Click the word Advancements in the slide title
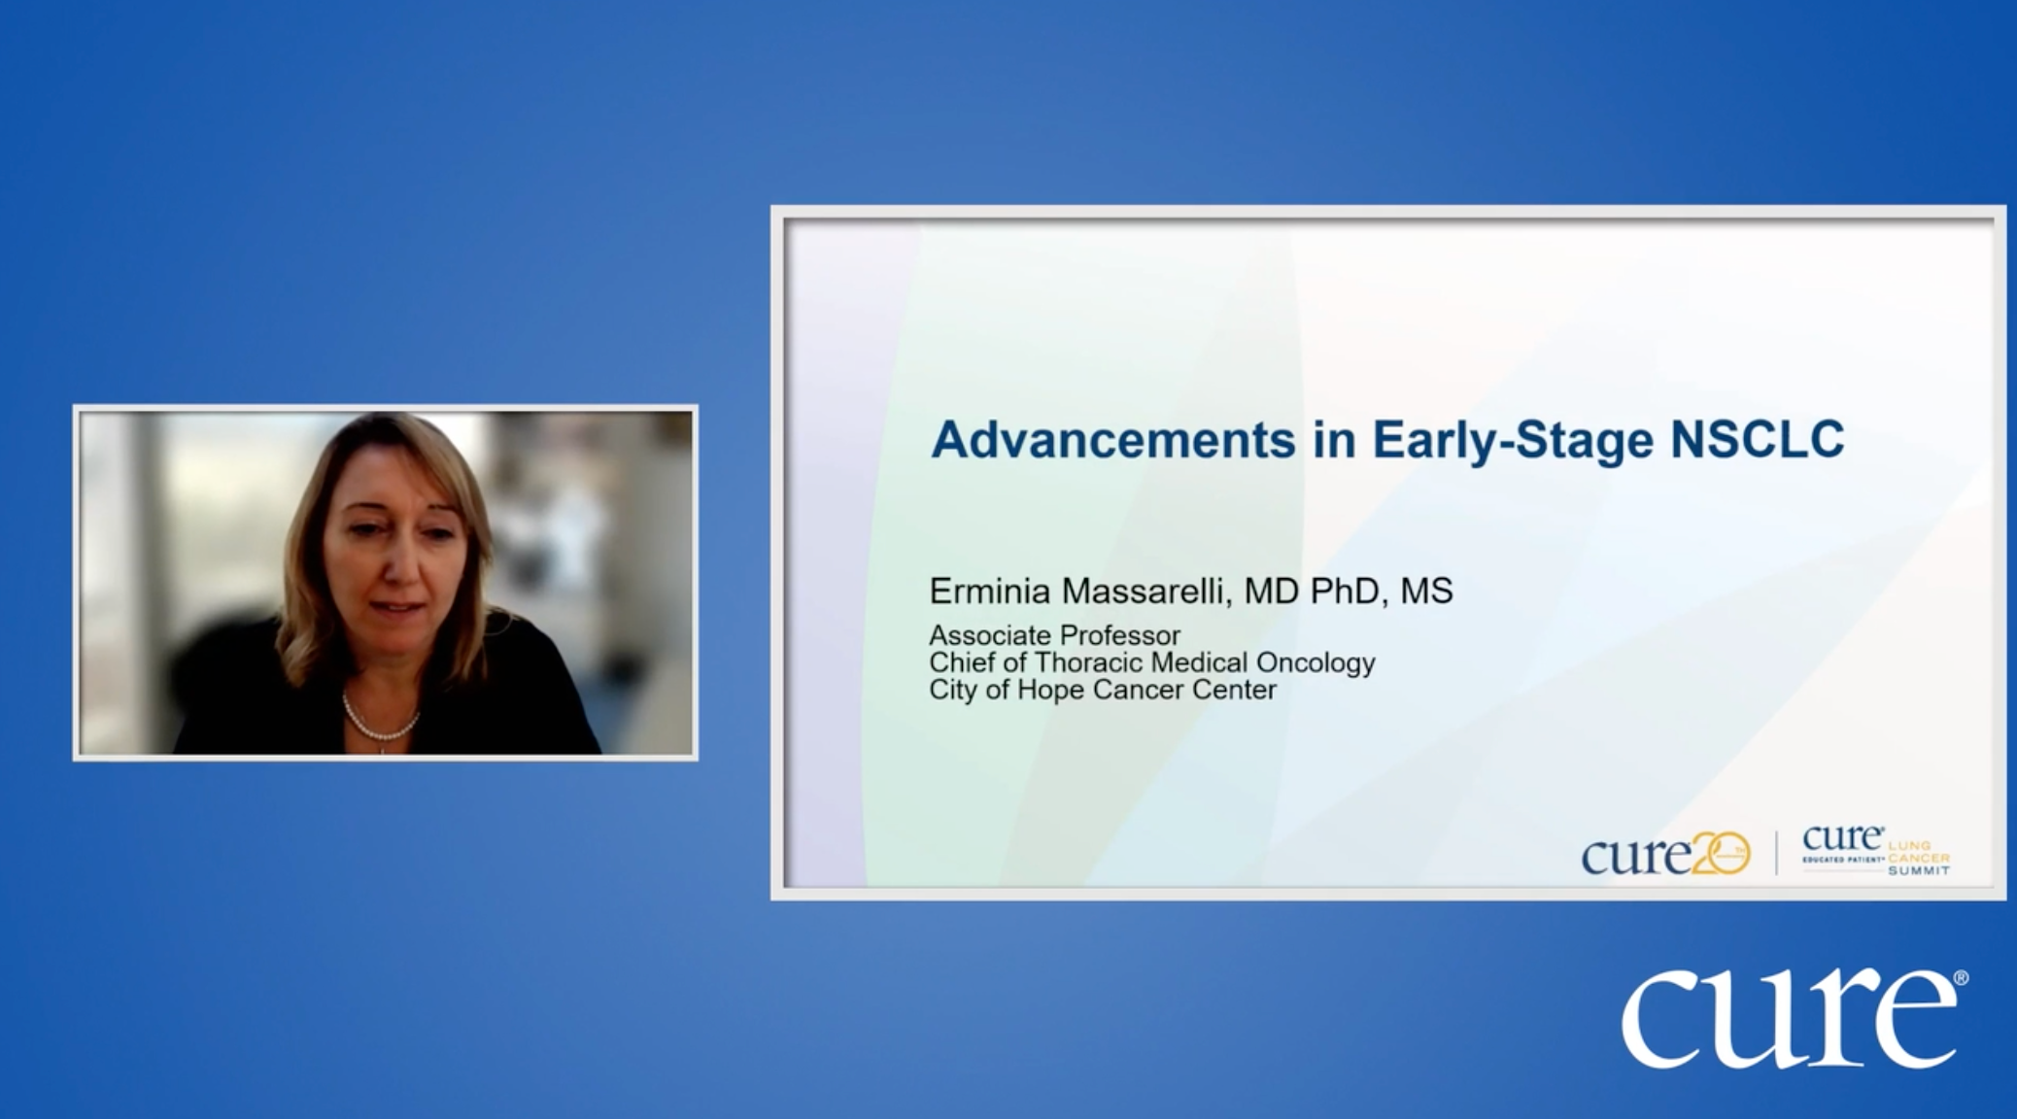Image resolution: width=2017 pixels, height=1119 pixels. (x=1113, y=440)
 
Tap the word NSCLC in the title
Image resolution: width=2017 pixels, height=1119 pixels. (x=1757, y=440)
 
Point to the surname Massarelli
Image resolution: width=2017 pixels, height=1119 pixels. (x=1145, y=591)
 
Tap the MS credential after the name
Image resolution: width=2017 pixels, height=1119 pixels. (x=1426, y=591)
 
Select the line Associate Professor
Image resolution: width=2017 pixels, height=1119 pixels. (x=1055, y=635)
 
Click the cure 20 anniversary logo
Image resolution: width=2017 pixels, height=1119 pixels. (x=1665, y=854)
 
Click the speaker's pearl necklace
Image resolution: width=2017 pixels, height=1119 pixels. (x=381, y=719)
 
